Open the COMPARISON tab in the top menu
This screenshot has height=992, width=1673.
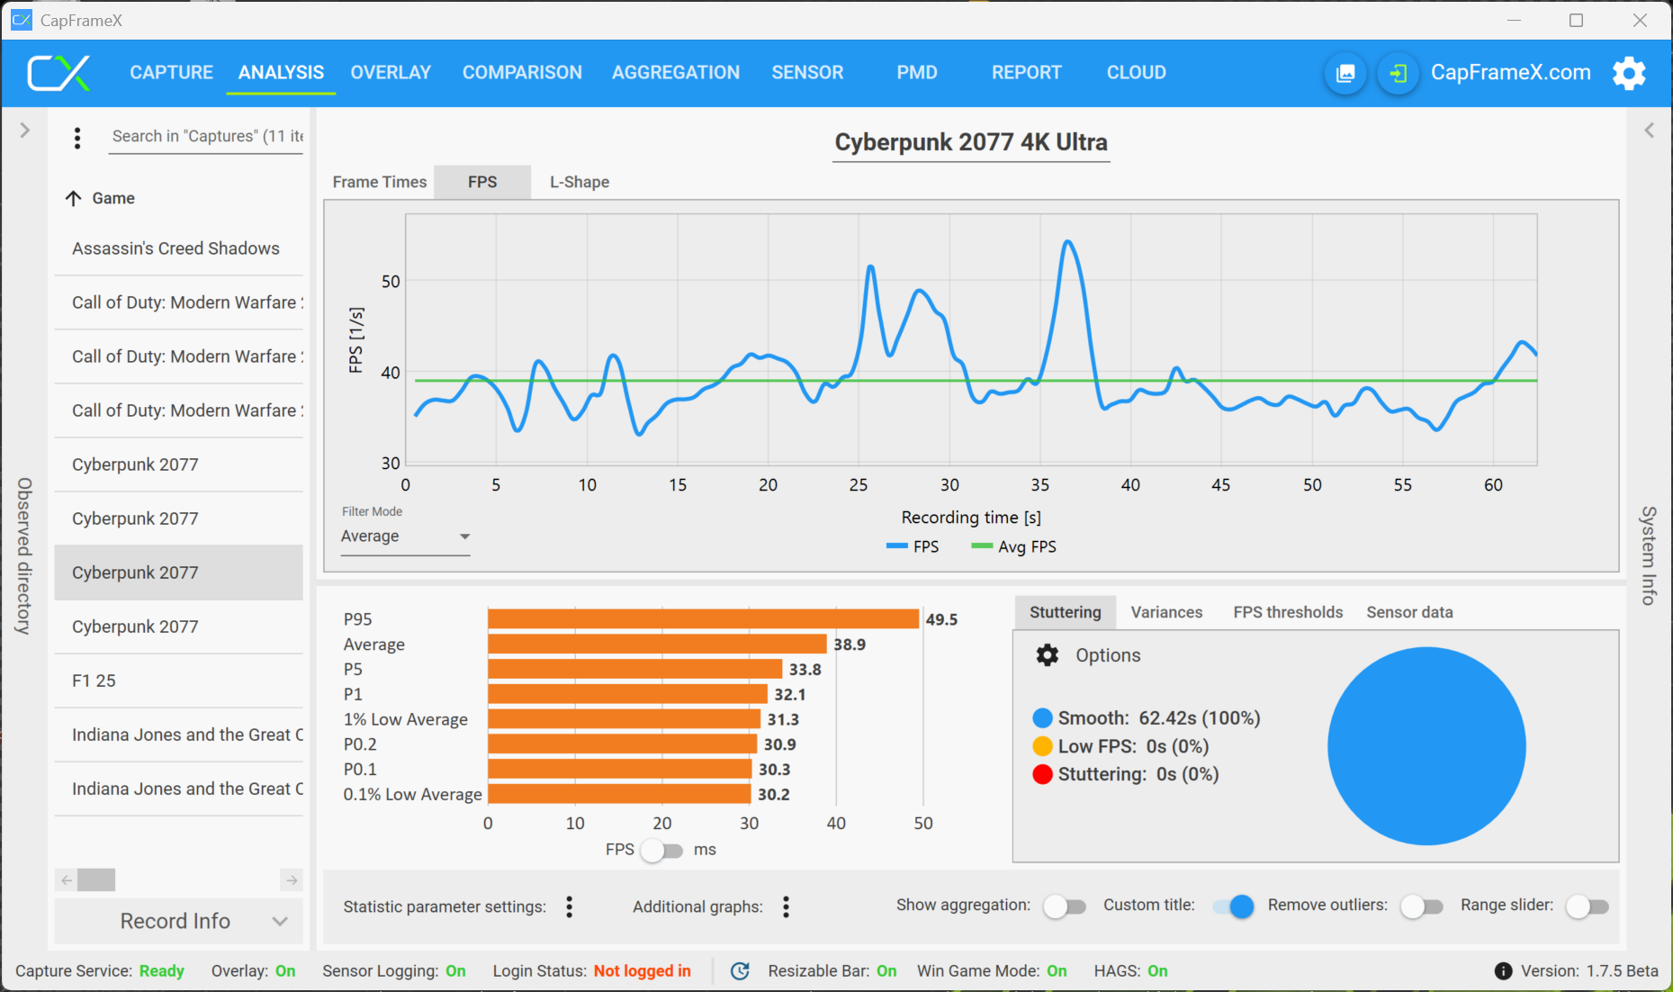coord(522,72)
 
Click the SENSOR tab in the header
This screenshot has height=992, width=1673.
coord(807,72)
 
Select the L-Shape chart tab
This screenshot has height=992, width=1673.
coord(580,182)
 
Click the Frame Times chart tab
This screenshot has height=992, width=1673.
coord(379,182)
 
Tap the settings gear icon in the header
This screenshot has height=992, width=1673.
coord(1629,73)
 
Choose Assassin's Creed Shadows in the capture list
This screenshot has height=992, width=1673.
coord(175,248)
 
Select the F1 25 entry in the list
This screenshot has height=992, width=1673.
coord(94,681)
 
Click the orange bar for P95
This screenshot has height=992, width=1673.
coord(703,619)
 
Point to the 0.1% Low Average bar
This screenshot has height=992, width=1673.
coord(619,794)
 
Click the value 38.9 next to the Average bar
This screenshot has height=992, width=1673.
coord(850,645)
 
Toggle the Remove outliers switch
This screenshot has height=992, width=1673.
coord(1421,906)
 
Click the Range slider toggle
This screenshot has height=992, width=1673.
coord(1587,906)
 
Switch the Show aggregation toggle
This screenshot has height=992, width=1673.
coord(1064,906)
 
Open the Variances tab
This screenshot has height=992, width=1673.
coord(1166,612)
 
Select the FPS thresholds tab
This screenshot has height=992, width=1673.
coord(1288,612)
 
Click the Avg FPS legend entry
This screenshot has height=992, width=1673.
coord(1014,546)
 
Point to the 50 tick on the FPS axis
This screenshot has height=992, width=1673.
coord(391,282)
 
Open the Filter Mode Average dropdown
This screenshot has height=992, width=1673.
coord(405,537)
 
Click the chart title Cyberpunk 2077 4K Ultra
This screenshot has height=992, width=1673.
coord(971,142)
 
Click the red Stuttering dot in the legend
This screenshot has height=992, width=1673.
coord(1042,774)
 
